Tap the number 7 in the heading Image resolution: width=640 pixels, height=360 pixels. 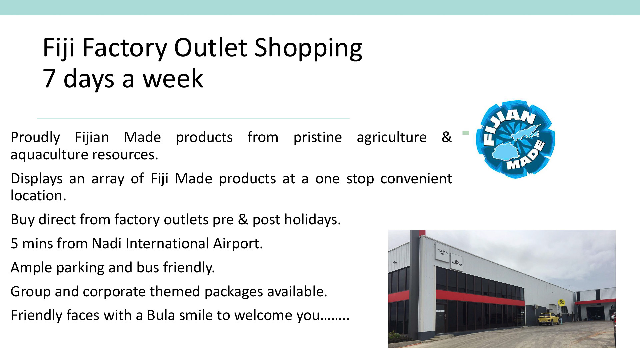[x=49, y=79]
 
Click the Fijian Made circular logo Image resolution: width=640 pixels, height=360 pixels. [x=515, y=139]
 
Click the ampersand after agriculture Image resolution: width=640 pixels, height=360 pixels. [x=446, y=137]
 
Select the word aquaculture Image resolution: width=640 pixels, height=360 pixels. [x=49, y=155]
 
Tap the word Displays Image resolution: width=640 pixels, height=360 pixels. [x=37, y=179]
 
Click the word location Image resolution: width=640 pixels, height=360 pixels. [x=38, y=196]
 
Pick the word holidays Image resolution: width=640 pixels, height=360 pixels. [x=313, y=220]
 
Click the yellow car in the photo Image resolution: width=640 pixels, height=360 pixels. [x=548, y=319]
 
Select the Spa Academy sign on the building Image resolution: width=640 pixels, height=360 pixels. [x=457, y=263]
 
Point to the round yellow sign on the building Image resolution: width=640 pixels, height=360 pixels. [x=561, y=302]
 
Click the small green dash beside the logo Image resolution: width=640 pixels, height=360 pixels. [x=466, y=133]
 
